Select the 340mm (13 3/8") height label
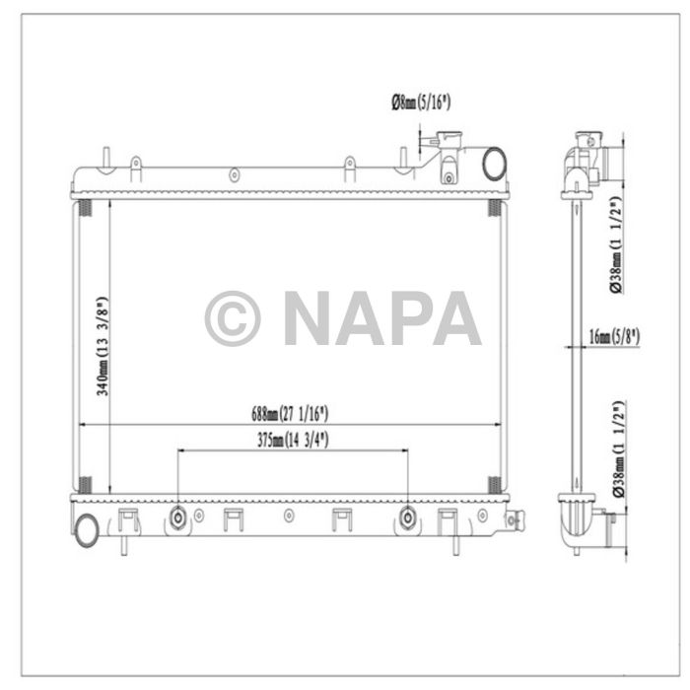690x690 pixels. coord(100,346)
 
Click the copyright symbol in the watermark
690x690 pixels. coord(233,318)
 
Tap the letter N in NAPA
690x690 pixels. coord(309,318)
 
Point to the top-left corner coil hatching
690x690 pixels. coord(84,209)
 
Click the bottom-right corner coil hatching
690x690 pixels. coord(495,484)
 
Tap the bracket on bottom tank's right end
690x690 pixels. coord(515,517)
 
